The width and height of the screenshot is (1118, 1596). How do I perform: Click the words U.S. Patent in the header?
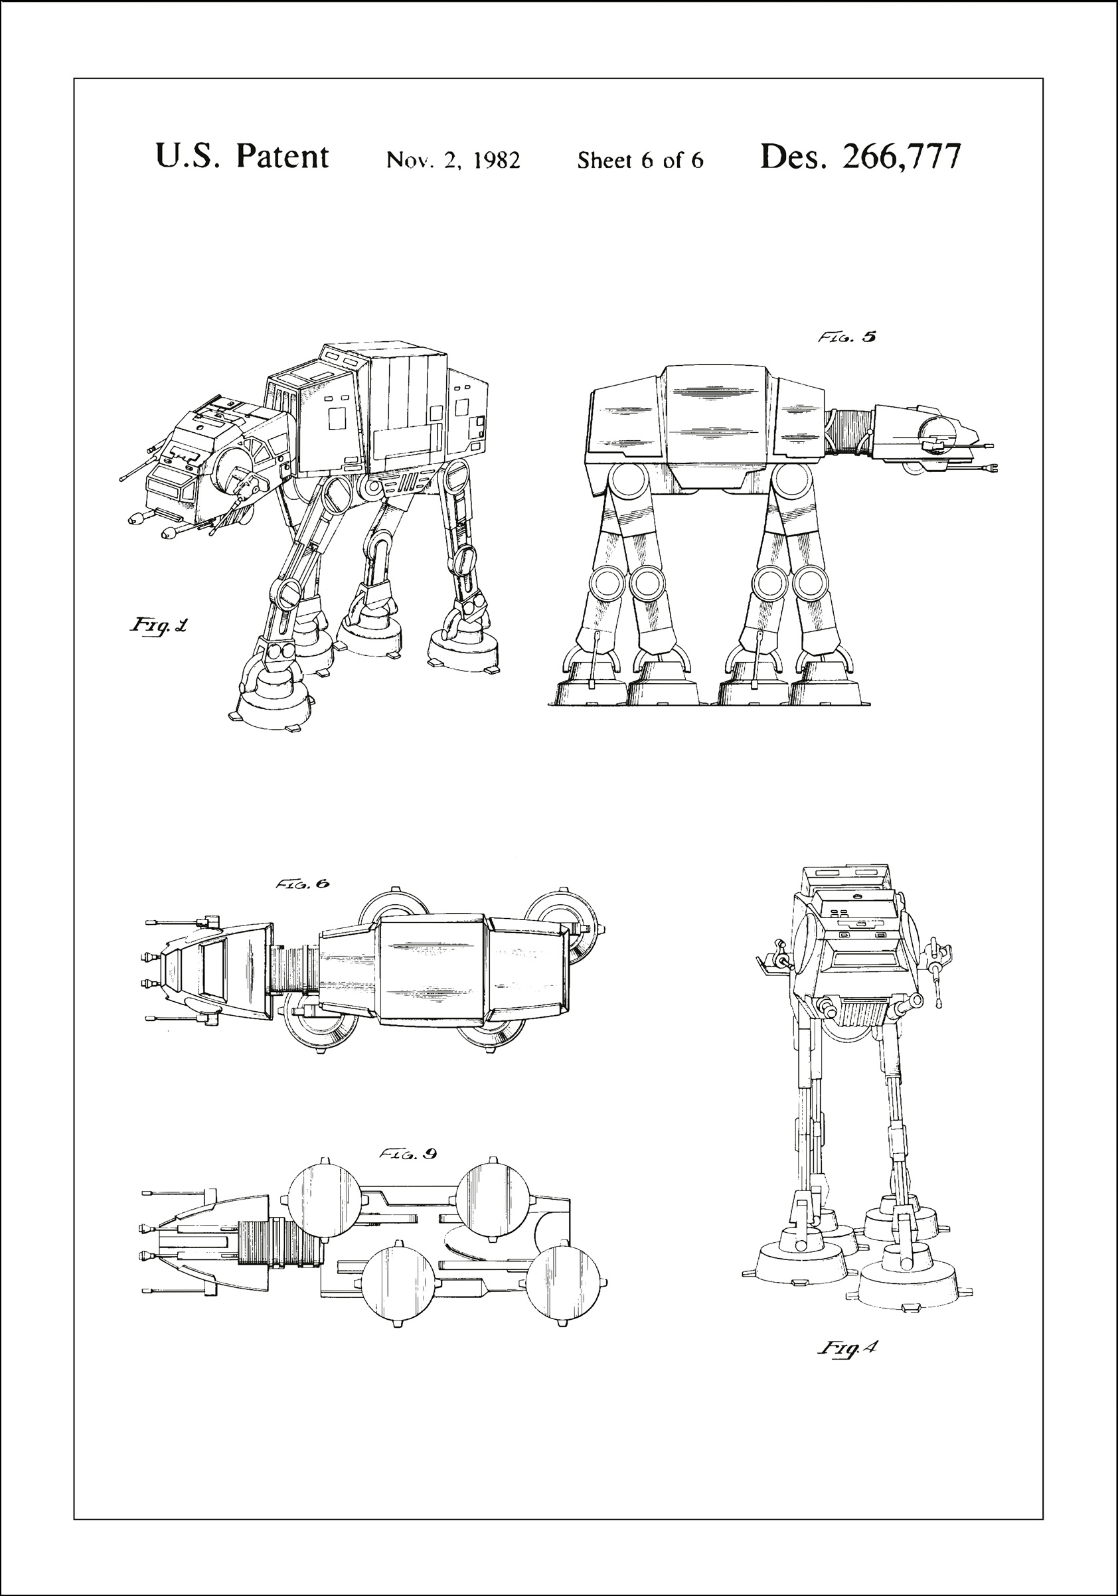pyautogui.click(x=241, y=157)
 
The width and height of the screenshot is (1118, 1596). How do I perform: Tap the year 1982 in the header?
pyautogui.click(x=496, y=161)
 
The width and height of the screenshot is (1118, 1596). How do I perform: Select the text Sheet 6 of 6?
pyautogui.click(x=639, y=161)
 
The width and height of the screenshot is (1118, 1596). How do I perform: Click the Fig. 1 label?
pyautogui.click(x=159, y=625)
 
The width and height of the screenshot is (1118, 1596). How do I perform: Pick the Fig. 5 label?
pyautogui.click(x=846, y=337)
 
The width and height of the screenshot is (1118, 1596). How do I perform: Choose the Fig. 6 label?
pyautogui.click(x=302, y=884)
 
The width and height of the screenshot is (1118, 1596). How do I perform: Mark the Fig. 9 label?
pyautogui.click(x=408, y=1154)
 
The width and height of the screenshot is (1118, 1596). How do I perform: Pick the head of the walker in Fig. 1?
pyautogui.click(x=208, y=462)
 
